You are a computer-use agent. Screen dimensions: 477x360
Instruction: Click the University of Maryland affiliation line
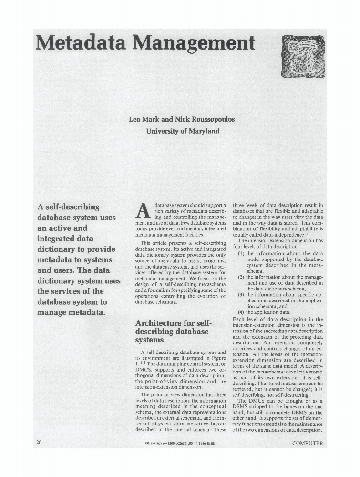[183, 131]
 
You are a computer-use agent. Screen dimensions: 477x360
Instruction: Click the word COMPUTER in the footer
[308, 443]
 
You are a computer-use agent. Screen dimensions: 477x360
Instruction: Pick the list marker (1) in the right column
[241, 254]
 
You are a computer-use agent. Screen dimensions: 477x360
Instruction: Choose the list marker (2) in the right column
[241, 277]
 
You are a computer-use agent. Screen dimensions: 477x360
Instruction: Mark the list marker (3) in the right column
[241, 295]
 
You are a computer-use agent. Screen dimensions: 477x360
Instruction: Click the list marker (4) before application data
[241, 312]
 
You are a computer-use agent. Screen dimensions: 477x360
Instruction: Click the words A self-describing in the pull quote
[68, 207]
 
